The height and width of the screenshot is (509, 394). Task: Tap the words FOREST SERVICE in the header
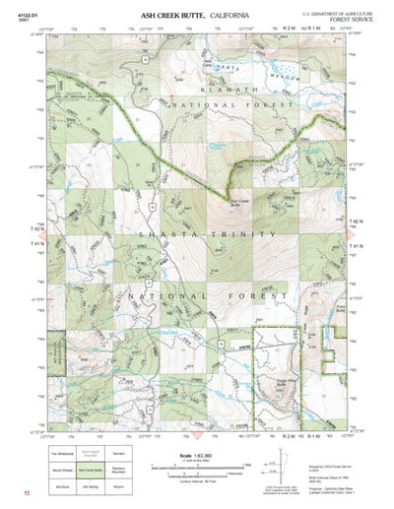coord(353,18)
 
